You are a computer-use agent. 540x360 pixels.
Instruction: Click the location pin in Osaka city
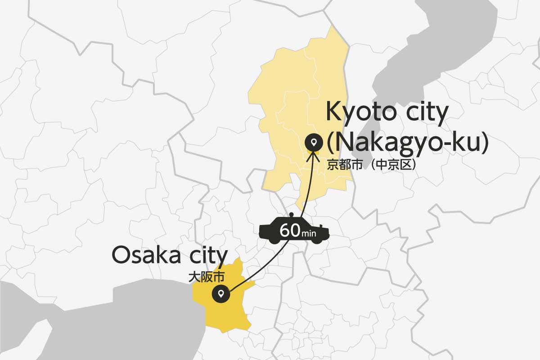221,295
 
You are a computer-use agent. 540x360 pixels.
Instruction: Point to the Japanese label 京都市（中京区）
371,165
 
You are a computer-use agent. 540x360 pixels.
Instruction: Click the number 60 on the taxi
290,231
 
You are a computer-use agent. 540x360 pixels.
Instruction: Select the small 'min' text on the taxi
309,234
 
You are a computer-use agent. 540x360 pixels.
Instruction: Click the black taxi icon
270,232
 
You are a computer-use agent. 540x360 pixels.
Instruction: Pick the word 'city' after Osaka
205,255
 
